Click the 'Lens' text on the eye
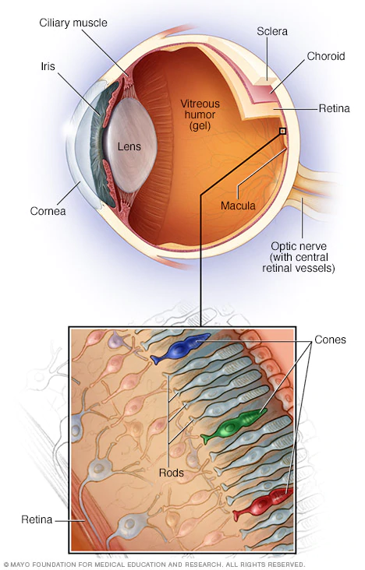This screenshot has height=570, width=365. coord(129,146)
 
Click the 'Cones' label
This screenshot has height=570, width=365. coord(331,340)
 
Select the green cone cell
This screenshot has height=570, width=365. coord(233,424)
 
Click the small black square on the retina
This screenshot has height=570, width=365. coord(282,132)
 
